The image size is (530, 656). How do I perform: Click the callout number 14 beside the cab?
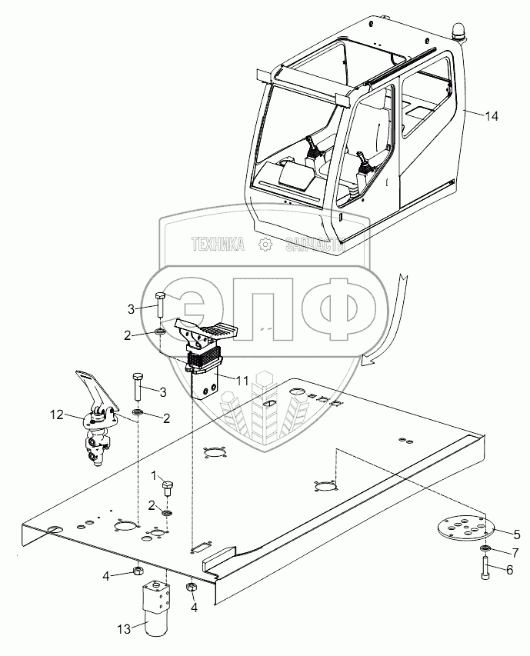(x=492, y=116)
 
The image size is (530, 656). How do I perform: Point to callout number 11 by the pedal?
(x=242, y=380)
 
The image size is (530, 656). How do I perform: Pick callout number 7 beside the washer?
(x=517, y=551)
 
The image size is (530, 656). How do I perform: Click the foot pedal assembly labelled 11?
(x=204, y=354)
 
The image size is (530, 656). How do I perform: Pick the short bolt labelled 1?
(x=168, y=489)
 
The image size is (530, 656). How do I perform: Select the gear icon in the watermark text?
(x=266, y=245)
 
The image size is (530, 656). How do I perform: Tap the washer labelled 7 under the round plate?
(x=486, y=551)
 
